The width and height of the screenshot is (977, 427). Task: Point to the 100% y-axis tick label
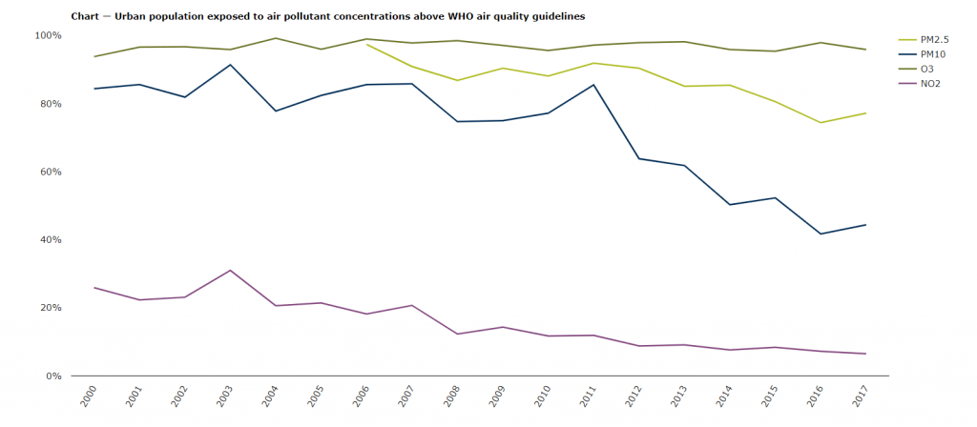tap(48, 35)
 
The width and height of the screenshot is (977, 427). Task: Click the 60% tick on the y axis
tap(50, 172)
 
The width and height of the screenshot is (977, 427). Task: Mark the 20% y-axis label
tap(50, 308)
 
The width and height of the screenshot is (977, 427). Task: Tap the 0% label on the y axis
tap(52, 376)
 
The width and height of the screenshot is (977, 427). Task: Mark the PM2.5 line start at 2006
tap(367, 44)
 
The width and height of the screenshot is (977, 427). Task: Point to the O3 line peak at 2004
tap(276, 38)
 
